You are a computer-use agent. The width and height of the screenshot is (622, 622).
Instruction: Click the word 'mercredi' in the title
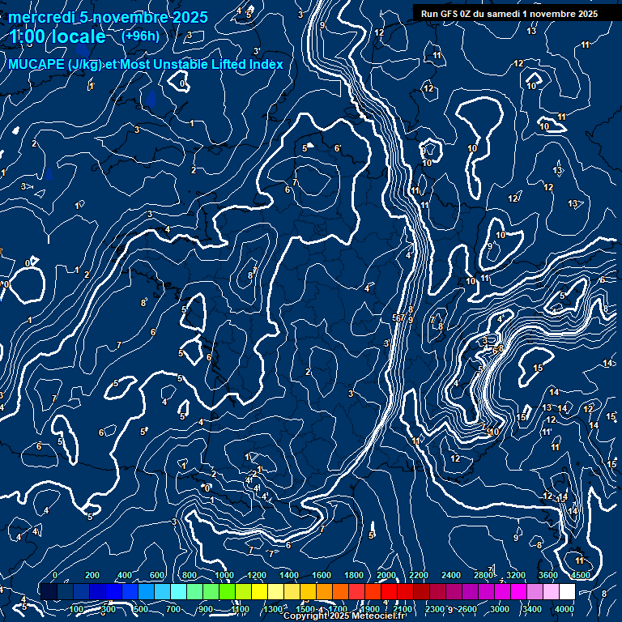coord(40,17)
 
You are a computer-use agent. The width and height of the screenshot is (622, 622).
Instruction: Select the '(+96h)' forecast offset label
coord(140,36)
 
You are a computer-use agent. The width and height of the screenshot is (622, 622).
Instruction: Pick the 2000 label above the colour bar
coord(386,575)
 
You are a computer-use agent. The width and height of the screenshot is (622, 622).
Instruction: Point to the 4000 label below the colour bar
coord(564,608)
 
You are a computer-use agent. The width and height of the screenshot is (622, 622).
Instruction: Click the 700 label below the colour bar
coord(173,608)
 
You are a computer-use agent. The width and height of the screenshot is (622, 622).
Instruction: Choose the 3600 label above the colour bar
coord(548,575)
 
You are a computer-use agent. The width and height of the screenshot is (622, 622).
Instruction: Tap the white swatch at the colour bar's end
coord(567,592)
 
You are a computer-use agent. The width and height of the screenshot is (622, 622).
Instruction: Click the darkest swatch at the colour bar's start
coord(49,592)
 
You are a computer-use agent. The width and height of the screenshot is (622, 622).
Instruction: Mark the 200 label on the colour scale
coord(92,575)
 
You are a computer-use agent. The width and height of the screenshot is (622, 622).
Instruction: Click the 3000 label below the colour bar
coord(500,608)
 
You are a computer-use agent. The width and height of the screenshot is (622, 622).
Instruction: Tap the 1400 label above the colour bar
coord(289,575)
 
